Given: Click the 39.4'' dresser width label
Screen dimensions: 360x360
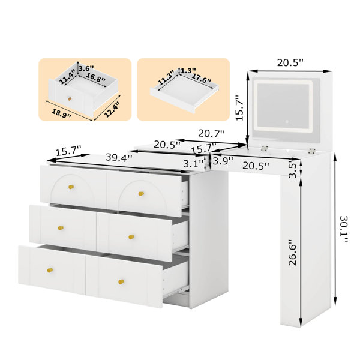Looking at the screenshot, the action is point(119,158).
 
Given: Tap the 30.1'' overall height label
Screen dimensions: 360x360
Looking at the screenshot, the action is point(344,229).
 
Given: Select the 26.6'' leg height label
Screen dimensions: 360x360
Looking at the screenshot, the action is point(293,253).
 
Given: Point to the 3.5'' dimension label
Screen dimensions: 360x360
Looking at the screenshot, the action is point(293,169).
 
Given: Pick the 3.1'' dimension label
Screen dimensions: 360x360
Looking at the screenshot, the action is point(194,164).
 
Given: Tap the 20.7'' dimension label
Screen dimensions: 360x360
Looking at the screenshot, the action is point(211,133).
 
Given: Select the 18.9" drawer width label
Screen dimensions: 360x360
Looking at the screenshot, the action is point(61,113).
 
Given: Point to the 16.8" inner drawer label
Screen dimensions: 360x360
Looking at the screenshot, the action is point(96,77).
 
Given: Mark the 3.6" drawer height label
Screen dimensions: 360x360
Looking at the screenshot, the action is point(86,68).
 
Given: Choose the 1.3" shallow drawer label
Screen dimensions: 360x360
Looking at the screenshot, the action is point(188,70).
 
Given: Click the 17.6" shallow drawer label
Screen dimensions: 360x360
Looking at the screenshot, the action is point(201,78).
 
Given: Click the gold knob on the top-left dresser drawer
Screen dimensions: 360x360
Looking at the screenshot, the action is point(71,187).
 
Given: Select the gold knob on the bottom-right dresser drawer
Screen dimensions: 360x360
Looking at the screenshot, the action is point(121,281).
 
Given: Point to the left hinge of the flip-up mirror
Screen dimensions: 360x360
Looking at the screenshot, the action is point(265,148).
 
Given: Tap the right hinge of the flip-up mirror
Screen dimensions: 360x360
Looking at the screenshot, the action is point(311,151).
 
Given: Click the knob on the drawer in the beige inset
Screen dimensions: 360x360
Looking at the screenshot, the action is point(70,99).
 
